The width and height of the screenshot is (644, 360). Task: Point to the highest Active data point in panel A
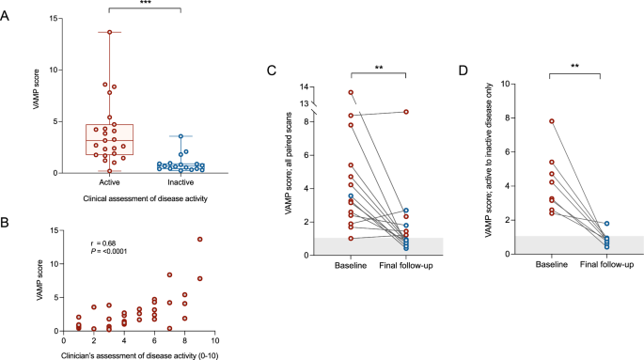tap(110, 32)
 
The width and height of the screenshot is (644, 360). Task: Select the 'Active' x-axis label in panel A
tap(110, 183)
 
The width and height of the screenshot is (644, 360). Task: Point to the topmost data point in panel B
tap(199, 239)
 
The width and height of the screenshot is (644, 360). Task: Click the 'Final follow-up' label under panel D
tap(604, 264)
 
